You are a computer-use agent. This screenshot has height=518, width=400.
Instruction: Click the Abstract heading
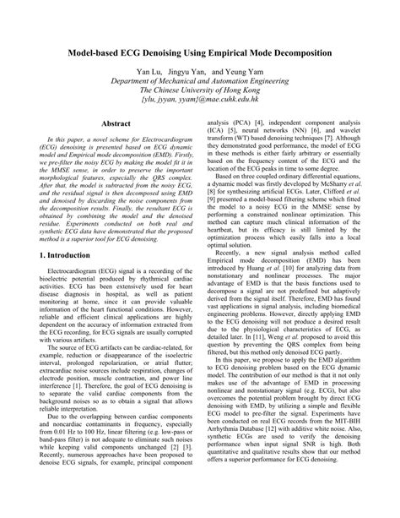click(x=115, y=123)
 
